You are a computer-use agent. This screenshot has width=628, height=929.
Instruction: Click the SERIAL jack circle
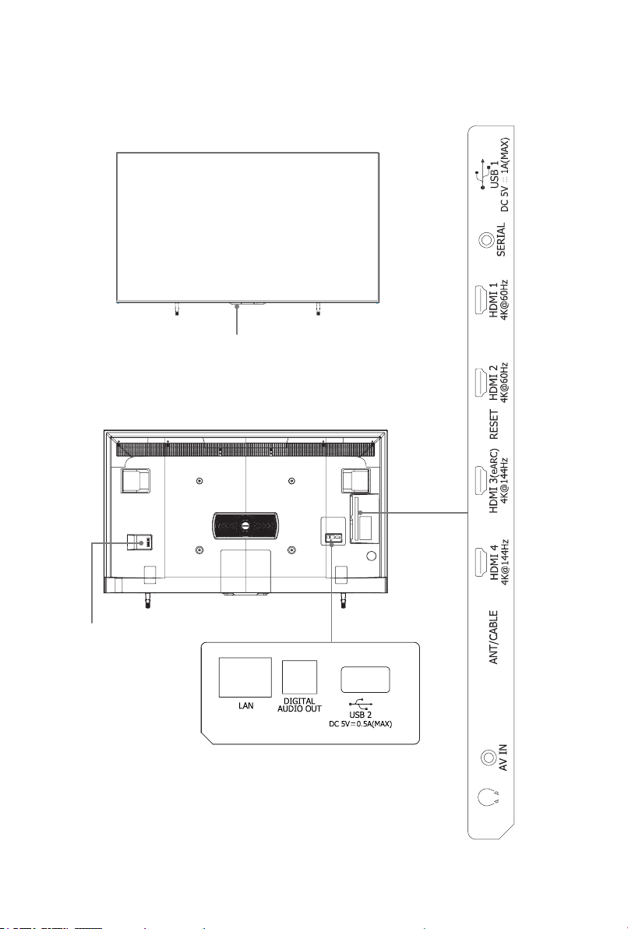coord(486,241)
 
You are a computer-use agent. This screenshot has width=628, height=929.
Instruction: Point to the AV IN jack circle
coord(488,758)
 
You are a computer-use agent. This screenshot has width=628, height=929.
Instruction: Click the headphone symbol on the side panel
coord(488,797)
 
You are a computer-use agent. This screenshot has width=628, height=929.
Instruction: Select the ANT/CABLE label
coord(494,637)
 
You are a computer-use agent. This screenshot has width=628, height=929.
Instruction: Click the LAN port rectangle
coord(245,677)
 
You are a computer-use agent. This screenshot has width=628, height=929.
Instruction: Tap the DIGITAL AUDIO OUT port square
coord(299,677)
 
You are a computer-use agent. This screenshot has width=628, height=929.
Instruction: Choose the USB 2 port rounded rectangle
coord(365,680)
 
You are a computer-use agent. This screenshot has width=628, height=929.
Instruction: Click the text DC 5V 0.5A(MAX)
coord(361,724)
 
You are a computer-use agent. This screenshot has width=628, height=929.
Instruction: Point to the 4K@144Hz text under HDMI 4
coord(506,563)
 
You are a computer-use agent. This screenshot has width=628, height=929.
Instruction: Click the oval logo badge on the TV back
coord(244,526)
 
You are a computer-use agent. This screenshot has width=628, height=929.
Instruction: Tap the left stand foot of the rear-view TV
coord(147,602)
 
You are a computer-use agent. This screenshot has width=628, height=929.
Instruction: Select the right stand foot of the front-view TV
coord(318,308)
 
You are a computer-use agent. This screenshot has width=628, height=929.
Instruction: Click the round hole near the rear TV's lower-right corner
coord(372,556)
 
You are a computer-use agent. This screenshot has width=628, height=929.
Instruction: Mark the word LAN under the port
coord(246,705)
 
